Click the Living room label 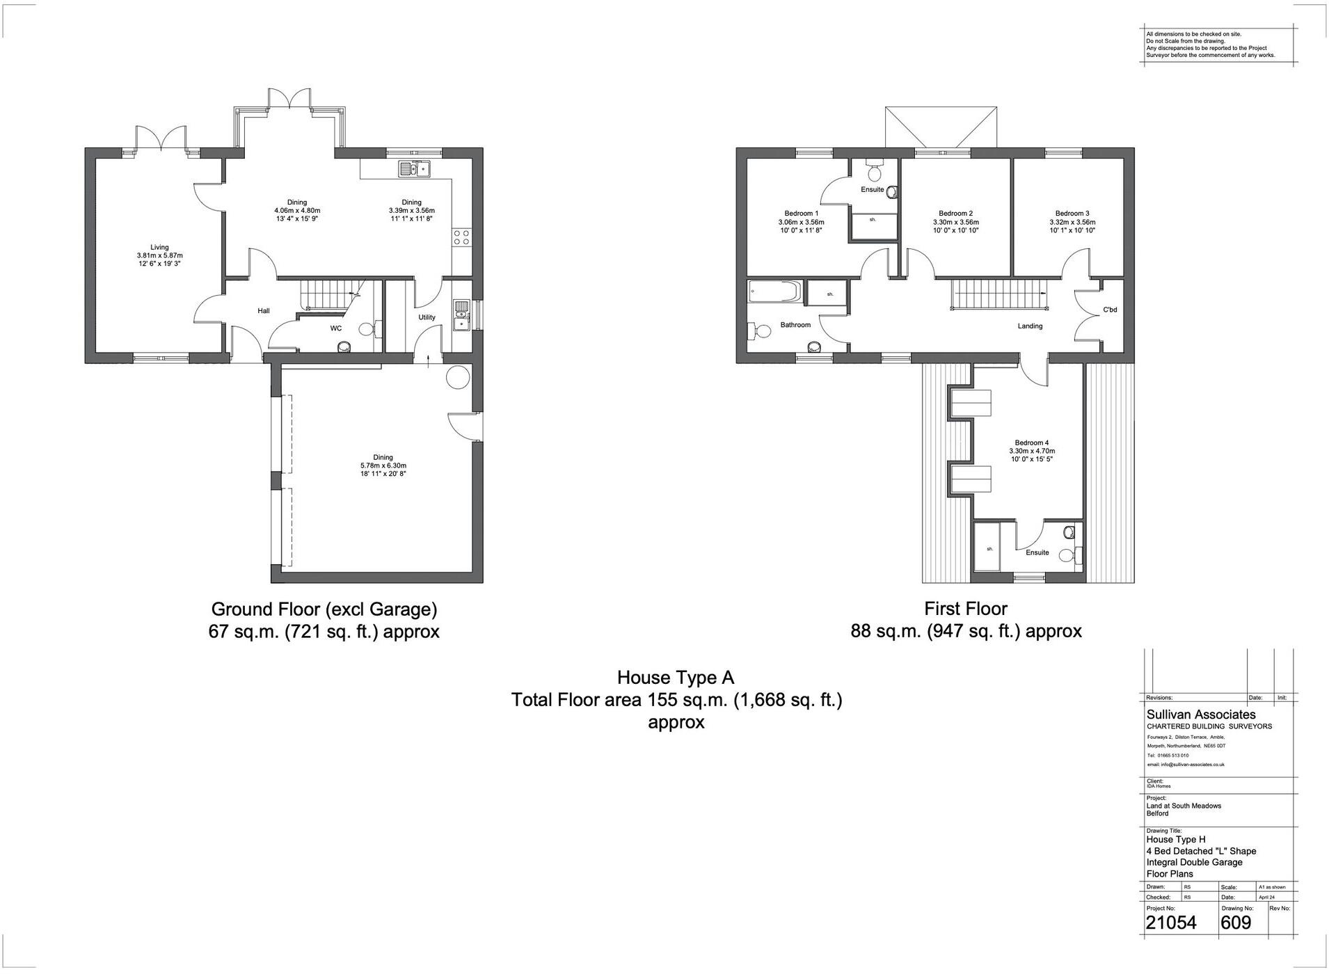(159, 247)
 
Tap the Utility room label (427, 317)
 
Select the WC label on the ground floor (335, 328)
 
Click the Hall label (263, 311)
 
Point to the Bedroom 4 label (1031, 442)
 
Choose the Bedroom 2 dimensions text (955, 223)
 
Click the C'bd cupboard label (1110, 310)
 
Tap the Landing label (1030, 326)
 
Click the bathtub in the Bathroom (775, 292)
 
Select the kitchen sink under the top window (415, 168)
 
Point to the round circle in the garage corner (458, 377)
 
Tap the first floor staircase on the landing (998, 294)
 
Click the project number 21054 (1171, 923)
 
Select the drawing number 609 (1236, 923)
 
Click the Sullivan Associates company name (1201, 714)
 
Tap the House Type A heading (675, 678)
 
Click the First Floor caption (965, 609)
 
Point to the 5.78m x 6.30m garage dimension (383, 465)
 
